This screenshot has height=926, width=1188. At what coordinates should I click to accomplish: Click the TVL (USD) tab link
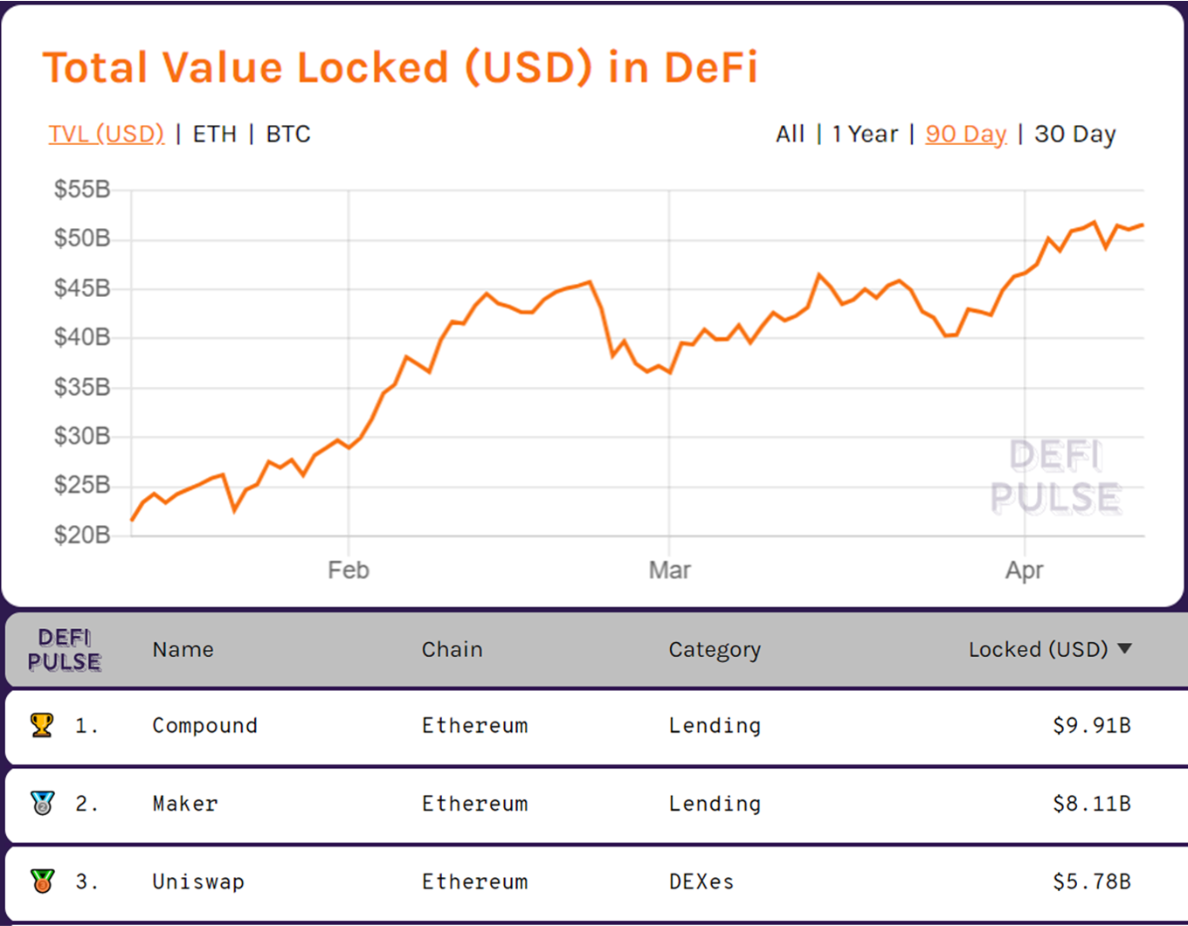click(x=106, y=134)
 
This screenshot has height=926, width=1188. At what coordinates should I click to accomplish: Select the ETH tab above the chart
click(x=215, y=134)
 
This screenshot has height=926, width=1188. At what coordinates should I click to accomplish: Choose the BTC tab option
click(x=288, y=134)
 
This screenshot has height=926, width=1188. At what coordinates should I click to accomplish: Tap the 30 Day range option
click(x=1074, y=135)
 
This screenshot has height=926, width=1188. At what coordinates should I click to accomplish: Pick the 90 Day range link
click(x=966, y=135)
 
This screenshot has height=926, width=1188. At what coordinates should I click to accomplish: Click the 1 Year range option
click(x=865, y=134)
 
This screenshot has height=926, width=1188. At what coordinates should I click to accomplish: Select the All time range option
click(x=790, y=134)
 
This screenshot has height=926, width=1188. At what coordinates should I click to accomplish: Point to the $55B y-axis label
click(x=82, y=190)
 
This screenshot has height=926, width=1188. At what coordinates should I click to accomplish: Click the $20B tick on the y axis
click(x=82, y=535)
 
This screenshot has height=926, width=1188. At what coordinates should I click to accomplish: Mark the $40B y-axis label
click(x=82, y=337)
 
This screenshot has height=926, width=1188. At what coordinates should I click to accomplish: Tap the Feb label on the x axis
click(x=349, y=570)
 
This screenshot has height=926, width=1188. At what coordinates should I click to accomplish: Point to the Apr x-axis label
click(x=1024, y=571)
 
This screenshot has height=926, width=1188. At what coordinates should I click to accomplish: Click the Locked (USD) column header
click(x=1039, y=649)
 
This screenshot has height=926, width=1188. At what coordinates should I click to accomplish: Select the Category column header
click(x=715, y=650)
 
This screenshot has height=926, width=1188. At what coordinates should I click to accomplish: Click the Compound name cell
click(x=204, y=726)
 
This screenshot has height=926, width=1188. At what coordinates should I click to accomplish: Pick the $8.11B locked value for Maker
click(x=1092, y=804)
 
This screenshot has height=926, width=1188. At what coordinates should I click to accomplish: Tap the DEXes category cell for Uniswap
click(x=701, y=881)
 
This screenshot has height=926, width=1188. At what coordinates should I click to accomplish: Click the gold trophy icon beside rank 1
click(x=42, y=725)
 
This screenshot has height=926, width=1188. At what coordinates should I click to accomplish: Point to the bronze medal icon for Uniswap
click(x=43, y=881)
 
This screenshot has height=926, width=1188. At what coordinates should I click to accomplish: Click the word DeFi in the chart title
click(x=711, y=68)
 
